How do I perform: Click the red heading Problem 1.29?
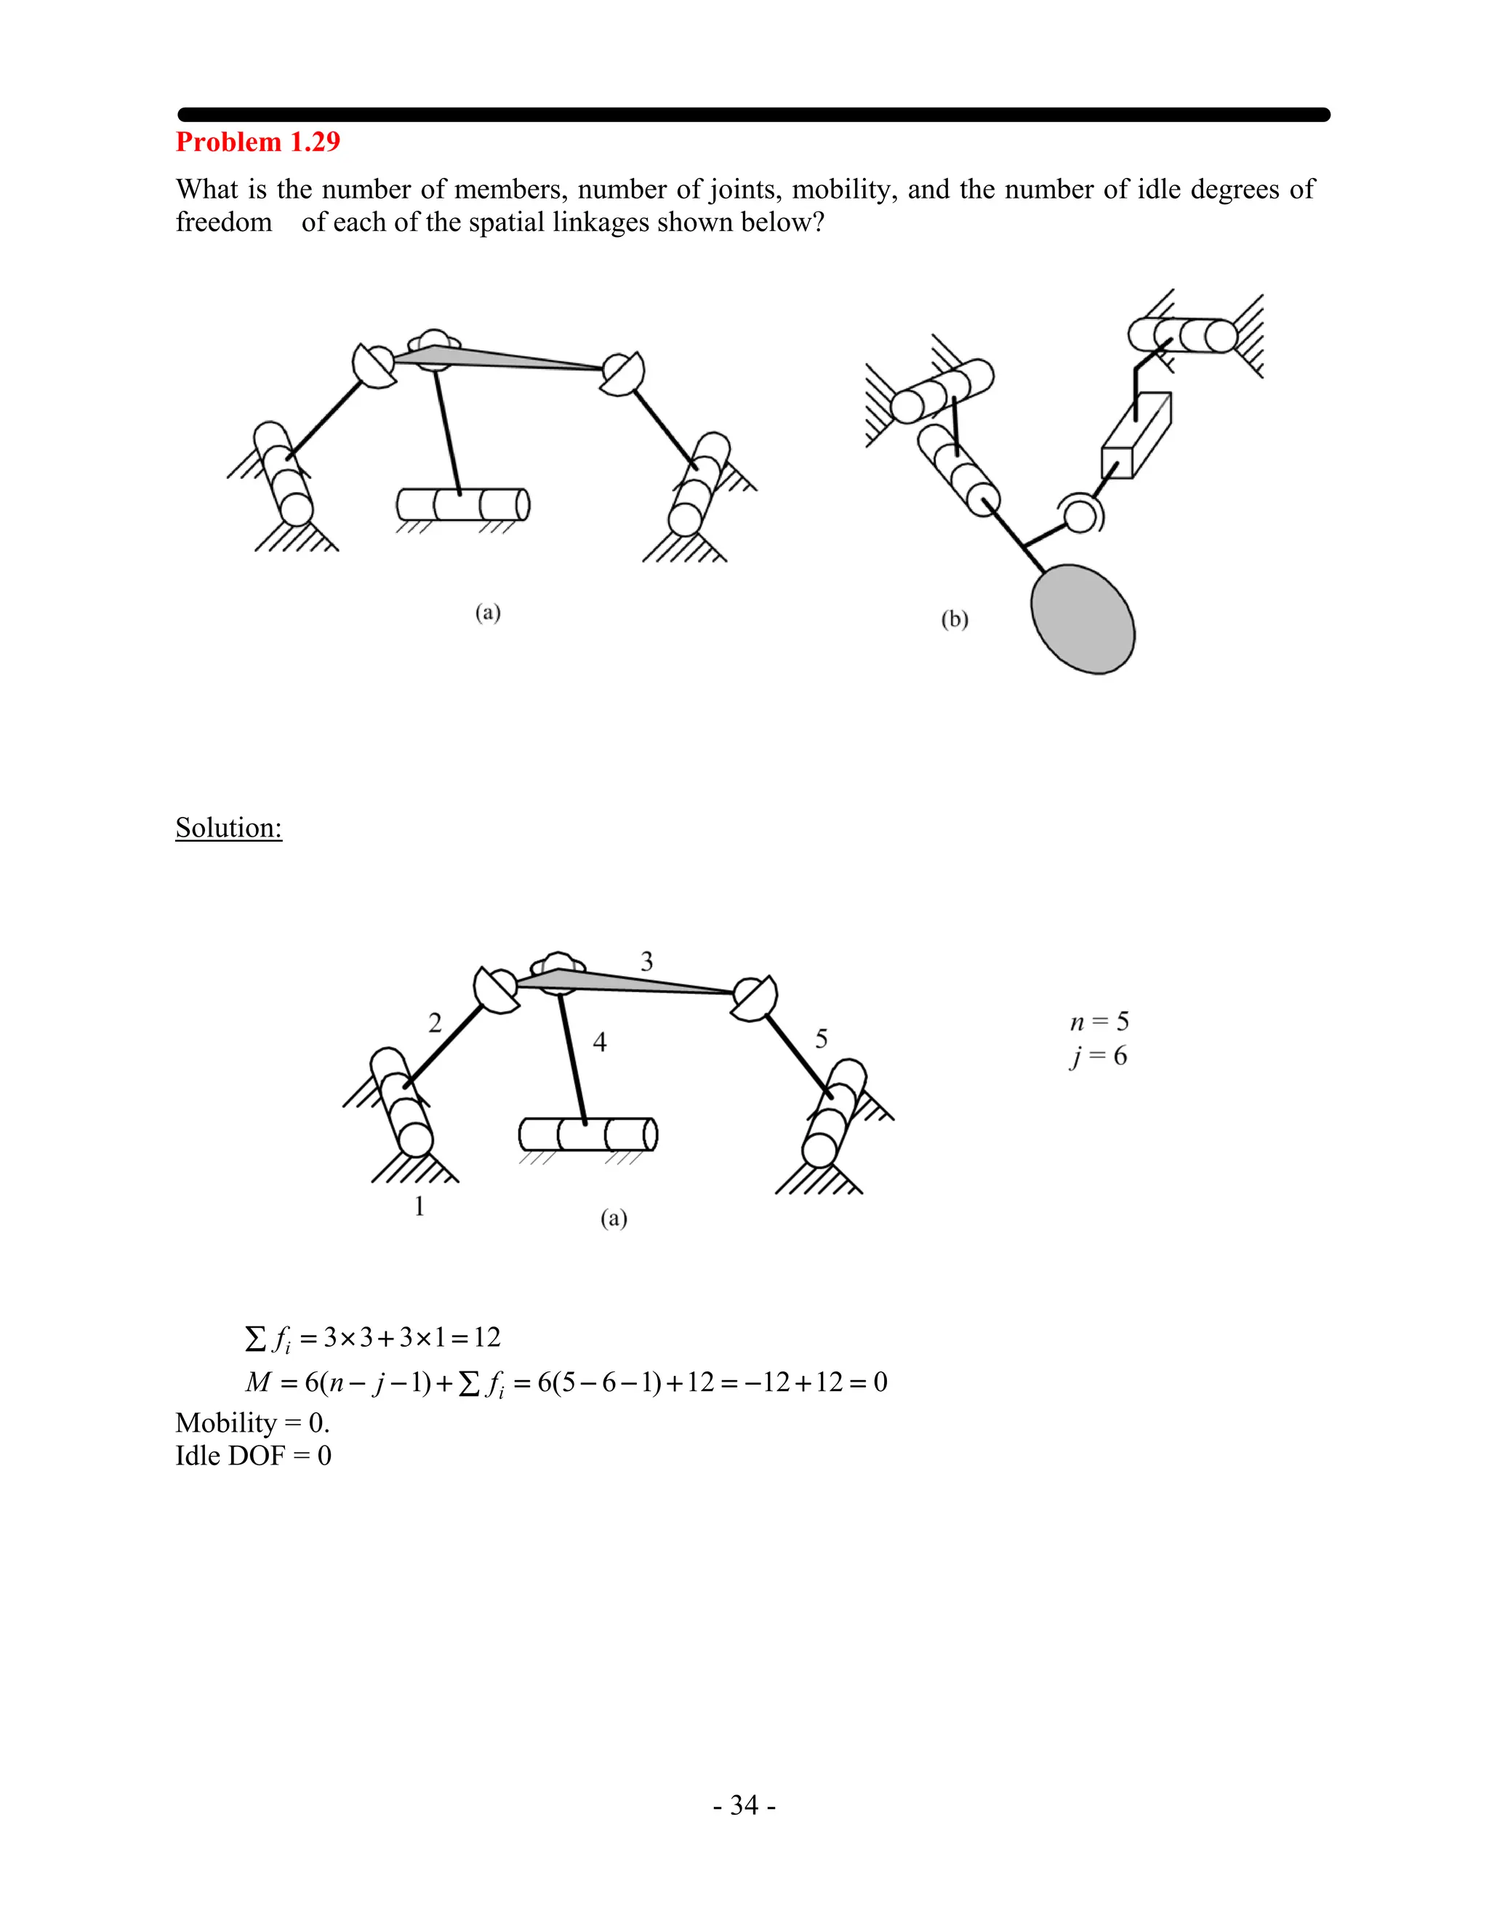257,142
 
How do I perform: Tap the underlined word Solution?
228,827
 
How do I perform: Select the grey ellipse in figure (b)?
1083,619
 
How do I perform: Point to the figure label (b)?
955,619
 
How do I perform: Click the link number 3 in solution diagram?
646,962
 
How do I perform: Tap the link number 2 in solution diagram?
435,1023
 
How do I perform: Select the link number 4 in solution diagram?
600,1042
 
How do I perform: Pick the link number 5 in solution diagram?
822,1039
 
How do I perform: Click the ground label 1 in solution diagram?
420,1206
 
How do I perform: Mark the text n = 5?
1099,1021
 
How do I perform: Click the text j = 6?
1099,1055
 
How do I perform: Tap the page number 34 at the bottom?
744,1805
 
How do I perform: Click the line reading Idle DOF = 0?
253,1455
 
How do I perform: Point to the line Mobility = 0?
252,1422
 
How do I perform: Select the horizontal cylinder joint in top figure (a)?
463,504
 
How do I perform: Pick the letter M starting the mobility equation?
257,1382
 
